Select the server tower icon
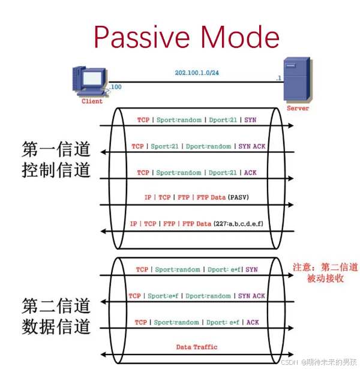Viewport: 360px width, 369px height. (297, 80)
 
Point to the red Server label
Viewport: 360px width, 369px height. (298, 109)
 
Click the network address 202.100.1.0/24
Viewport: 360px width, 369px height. (197, 73)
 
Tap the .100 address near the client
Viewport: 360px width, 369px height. (115, 87)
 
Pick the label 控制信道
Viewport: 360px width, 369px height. (56, 170)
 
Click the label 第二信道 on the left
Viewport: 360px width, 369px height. (56, 305)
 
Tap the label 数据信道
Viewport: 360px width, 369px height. (56, 327)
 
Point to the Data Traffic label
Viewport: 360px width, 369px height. (197, 347)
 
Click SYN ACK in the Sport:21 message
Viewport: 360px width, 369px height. (251, 146)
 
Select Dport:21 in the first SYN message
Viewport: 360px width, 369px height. (223, 120)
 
